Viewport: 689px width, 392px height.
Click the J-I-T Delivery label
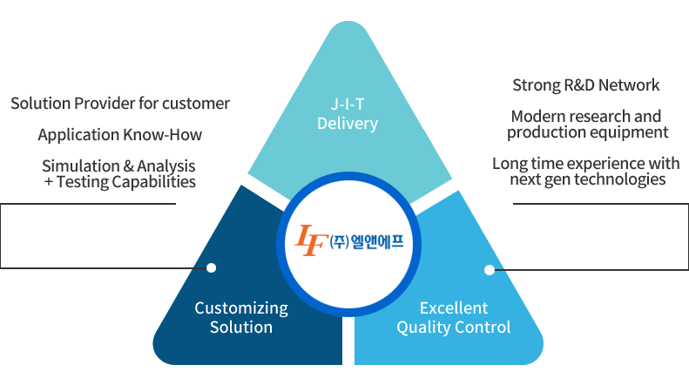point(348,115)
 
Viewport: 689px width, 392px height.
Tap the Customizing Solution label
point(241,317)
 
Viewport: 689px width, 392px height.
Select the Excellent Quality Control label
point(454,317)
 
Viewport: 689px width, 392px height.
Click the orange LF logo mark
point(311,240)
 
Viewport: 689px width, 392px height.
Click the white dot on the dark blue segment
point(211,268)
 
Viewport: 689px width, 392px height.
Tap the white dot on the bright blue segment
point(489,269)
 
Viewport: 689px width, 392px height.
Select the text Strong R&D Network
point(586,85)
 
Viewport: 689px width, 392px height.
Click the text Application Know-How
point(120,135)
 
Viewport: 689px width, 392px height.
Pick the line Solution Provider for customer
point(120,104)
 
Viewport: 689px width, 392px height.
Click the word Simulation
point(78,166)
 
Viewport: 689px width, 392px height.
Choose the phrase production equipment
point(588,132)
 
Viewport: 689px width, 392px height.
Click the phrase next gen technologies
point(588,179)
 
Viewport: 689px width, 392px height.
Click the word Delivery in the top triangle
point(348,124)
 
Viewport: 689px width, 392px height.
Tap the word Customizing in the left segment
point(241,308)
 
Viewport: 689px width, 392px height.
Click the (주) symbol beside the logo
point(339,241)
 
